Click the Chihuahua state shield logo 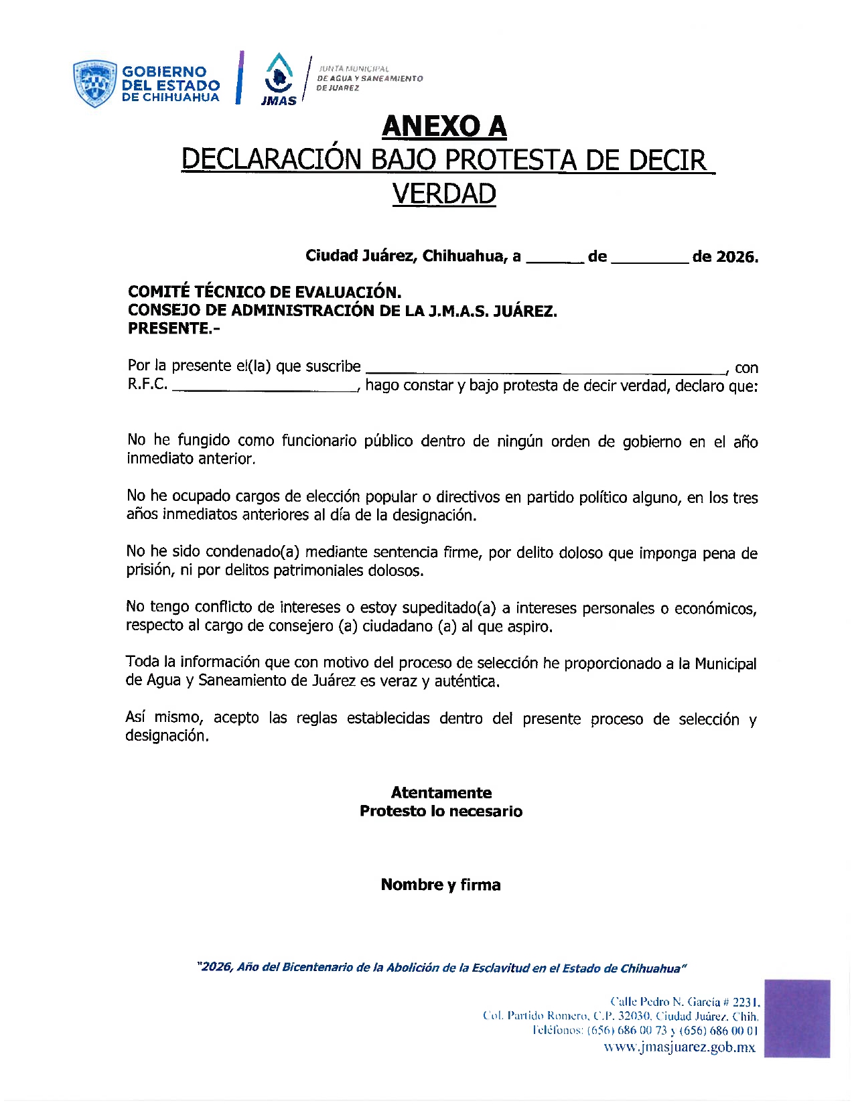pyautogui.click(x=95, y=84)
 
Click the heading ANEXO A pyautogui.click(x=443, y=126)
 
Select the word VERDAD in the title pyautogui.click(x=443, y=194)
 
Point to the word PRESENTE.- pyautogui.click(x=173, y=329)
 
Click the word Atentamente pyautogui.click(x=441, y=792)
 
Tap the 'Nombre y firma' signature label pyautogui.click(x=441, y=885)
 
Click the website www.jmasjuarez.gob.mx pyautogui.click(x=679, y=1047)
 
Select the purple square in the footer pyautogui.click(x=796, y=1018)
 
